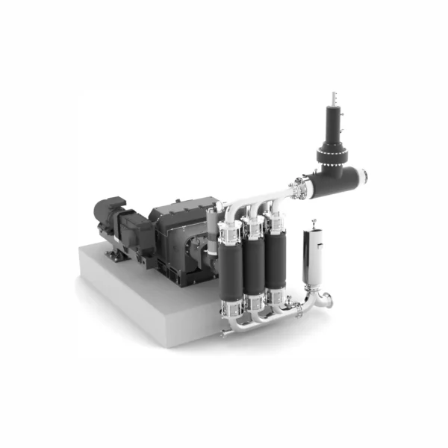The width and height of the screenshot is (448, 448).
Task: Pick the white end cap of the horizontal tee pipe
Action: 364,178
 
